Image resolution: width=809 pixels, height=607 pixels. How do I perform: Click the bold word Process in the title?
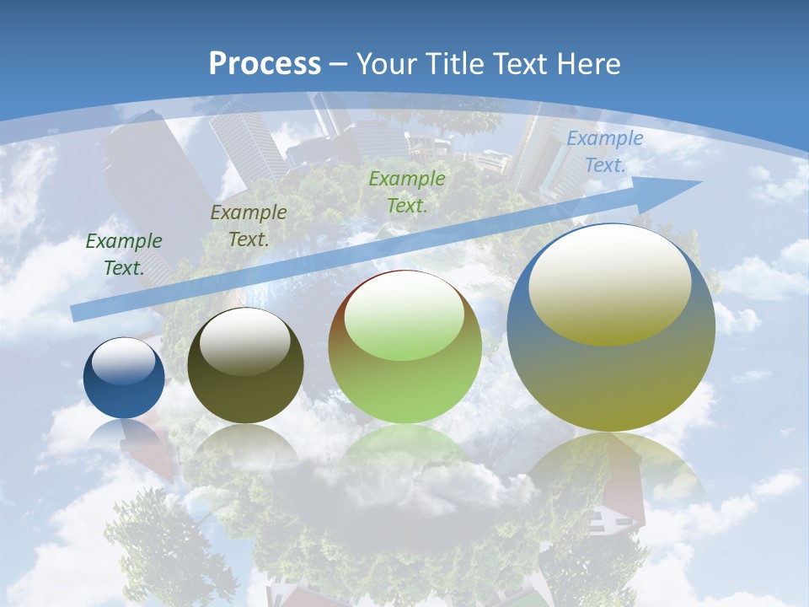point(265,64)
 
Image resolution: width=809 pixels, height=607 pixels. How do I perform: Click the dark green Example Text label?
point(124,255)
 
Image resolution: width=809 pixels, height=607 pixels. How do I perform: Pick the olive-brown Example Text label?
point(248,226)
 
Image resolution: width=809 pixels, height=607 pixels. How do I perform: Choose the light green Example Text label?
point(407,191)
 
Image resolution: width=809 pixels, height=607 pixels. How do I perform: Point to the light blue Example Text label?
point(604,152)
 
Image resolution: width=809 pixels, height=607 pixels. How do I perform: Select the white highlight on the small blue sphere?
point(124,361)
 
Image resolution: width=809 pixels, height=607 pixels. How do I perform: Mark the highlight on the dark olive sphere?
point(245,341)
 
